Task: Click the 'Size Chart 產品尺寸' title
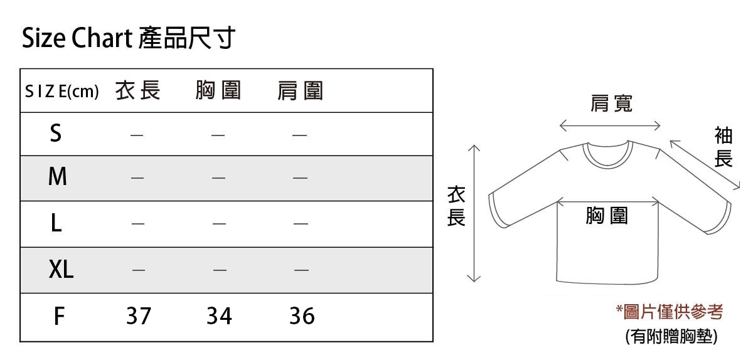[129, 39]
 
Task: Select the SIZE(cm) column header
[62, 92]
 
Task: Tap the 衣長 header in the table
[137, 92]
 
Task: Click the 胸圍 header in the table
[218, 92]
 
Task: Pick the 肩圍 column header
[300, 92]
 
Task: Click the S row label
[56, 134]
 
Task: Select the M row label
[57, 178]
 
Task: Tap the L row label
[56, 223]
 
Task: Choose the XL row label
[61, 270]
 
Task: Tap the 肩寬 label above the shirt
[611, 104]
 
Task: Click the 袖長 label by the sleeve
[724, 147]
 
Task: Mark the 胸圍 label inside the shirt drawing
[606, 216]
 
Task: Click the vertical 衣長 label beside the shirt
[456, 206]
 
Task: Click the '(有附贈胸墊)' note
[671, 337]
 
